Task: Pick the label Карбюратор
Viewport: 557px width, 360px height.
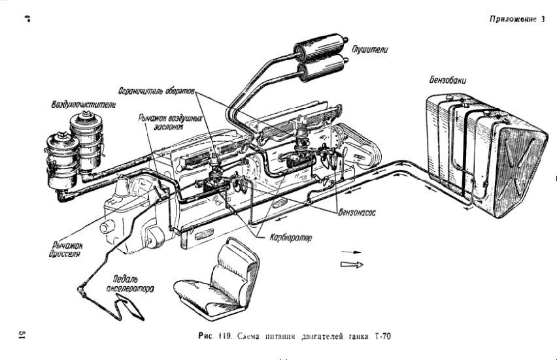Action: tap(289, 238)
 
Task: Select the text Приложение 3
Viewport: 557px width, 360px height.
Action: tap(516, 19)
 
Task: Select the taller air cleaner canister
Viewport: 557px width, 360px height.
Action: tap(86, 140)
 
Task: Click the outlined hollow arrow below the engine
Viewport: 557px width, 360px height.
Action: tap(351, 264)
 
